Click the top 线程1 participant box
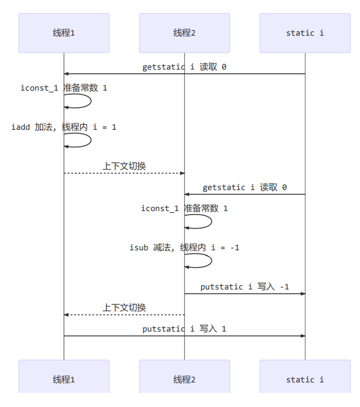[64, 33]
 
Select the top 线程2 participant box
[184, 33]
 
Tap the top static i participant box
[305, 33]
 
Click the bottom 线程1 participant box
[64, 380]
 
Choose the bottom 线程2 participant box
[184, 380]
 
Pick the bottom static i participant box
[305, 380]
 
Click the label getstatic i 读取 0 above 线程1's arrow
[184, 67]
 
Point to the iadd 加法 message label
[64, 126]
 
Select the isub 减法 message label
[184, 247]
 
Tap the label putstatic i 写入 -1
[245, 287]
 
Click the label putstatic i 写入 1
[184, 329]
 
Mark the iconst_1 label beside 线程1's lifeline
[64, 88]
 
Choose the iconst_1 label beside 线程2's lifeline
[184, 208]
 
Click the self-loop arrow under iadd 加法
[82, 140]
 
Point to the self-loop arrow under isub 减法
[203, 261]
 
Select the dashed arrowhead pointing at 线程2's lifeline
[181, 173]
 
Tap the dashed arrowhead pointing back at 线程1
[67, 315]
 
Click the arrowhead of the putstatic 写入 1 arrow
[302, 336]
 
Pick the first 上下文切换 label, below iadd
[124, 166]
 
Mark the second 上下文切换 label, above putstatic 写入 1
[124, 308]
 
